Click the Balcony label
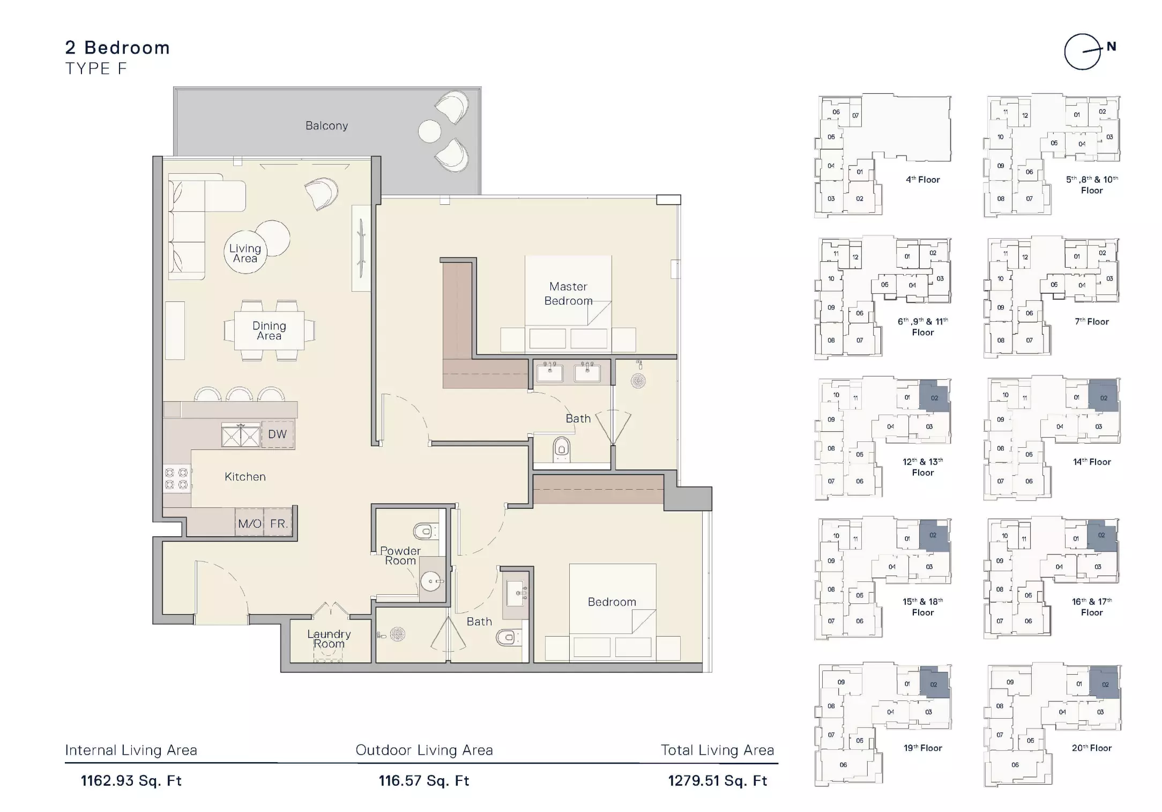[x=326, y=126]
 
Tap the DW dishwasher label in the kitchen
[x=277, y=434]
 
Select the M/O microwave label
[x=250, y=523]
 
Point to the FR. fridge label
[x=279, y=523]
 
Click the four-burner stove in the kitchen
[x=176, y=478]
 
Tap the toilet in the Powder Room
[x=424, y=532]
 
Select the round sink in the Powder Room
[x=430, y=580]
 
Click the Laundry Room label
[x=329, y=639]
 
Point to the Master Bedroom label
[x=568, y=293]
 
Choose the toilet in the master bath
[x=561, y=448]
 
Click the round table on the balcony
[x=429, y=131]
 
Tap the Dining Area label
[x=269, y=330]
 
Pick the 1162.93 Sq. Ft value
[x=131, y=780]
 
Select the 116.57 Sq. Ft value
[x=424, y=780]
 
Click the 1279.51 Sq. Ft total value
[x=718, y=780]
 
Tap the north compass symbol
[x=1089, y=51]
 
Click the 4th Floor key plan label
[x=922, y=180]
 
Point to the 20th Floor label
[x=1091, y=748]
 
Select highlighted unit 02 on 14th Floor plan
[x=1104, y=396]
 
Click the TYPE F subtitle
[x=96, y=69]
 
